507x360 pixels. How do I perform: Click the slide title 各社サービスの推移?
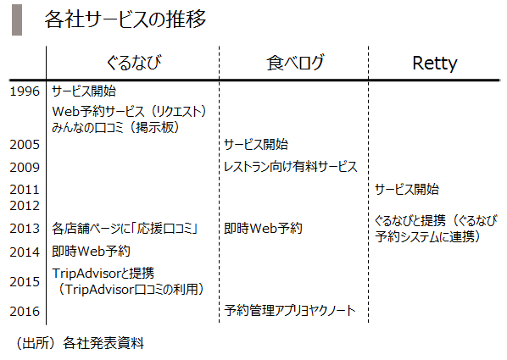(x=125, y=19)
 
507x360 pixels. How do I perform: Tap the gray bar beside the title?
(x=17, y=19)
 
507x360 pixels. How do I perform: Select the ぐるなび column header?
(x=134, y=63)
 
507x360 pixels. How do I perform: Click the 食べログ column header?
(x=295, y=63)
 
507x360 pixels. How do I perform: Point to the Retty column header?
(x=435, y=63)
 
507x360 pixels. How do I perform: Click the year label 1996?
(x=25, y=91)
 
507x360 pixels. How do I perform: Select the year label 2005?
(x=25, y=145)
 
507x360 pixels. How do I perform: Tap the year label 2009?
(x=25, y=168)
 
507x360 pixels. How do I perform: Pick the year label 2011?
(x=25, y=190)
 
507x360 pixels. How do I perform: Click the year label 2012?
(x=25, y=206)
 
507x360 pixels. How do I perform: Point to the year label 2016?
(x=25, y=312)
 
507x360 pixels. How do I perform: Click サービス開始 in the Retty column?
(x=407, y=189)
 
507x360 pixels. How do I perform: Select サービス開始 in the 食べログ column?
(x=256, y=144)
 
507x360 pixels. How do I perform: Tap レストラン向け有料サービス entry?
(x=290, y=167)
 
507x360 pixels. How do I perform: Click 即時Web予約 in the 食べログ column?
(x=263, y=229)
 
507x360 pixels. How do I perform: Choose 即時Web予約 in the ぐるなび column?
(x=91, y=251)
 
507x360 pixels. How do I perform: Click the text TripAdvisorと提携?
(x=103, y=273)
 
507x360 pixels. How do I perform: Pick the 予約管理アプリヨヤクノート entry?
(x=290, y=311)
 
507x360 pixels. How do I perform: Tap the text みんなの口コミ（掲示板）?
(x=115, y=127)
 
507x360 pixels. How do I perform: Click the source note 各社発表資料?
(x=103, y=343)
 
